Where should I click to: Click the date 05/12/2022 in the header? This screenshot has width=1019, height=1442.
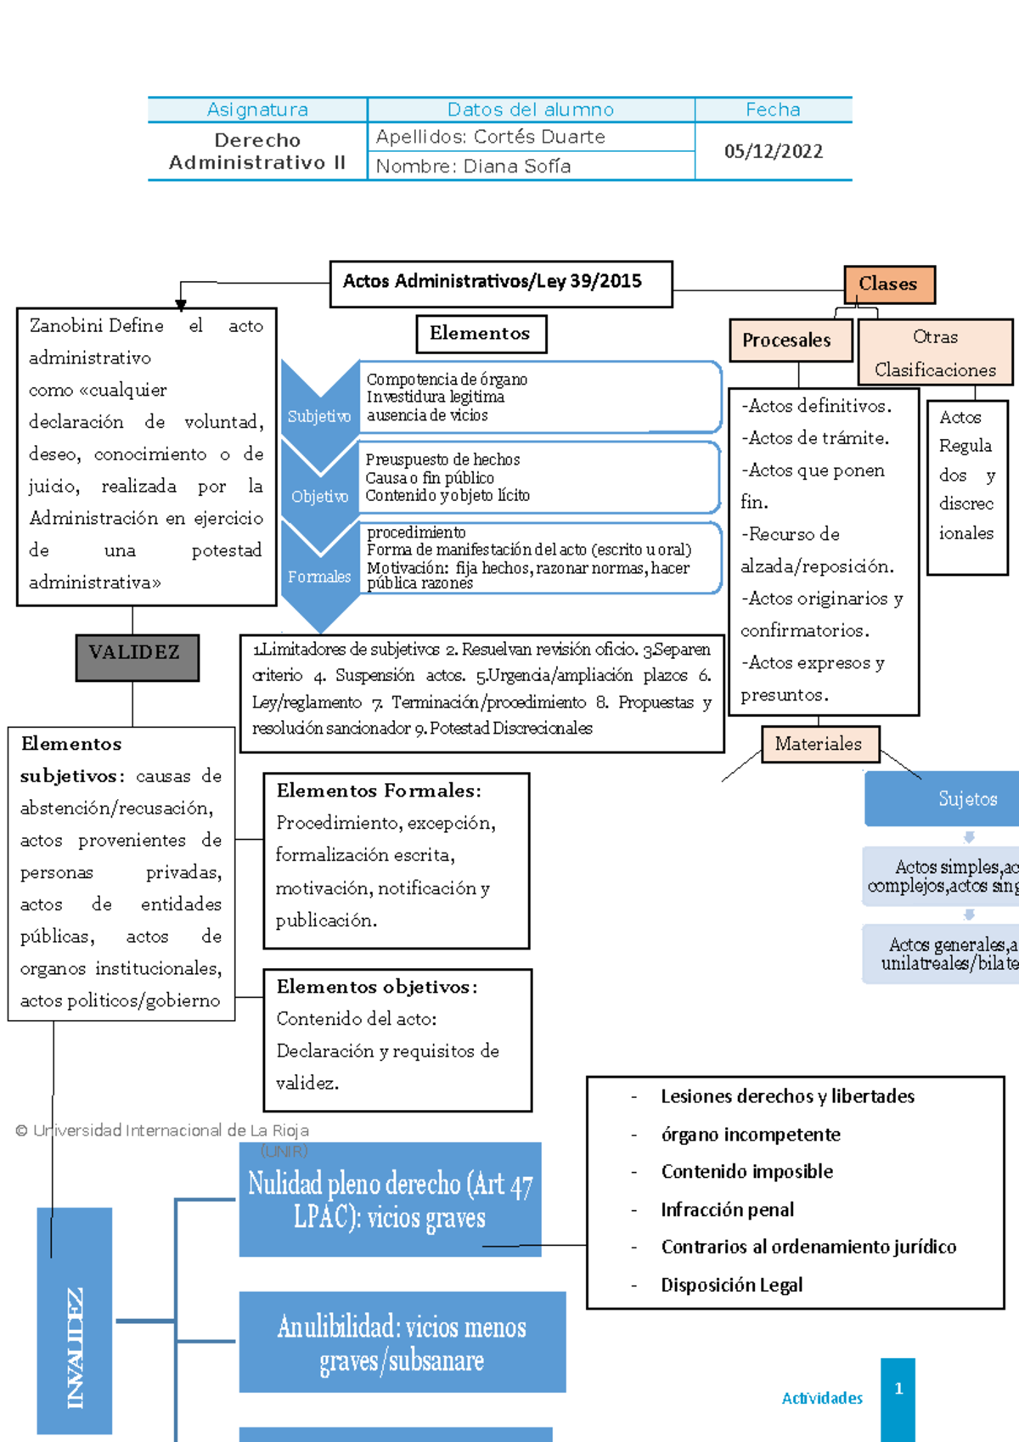(x=773, y=151)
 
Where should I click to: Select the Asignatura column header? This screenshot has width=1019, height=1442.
(x=257, y=110)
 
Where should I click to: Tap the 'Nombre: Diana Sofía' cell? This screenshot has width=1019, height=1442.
(x=473, y=166)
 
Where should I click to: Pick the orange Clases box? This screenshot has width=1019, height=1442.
(x=889, y=284)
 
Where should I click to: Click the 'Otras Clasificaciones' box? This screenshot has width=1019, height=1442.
(x=935, y=352)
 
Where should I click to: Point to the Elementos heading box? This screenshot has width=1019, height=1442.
(x=481, y=334)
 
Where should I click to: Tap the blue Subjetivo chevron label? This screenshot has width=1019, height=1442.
(x=319, y=416)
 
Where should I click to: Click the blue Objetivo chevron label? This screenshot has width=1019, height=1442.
(x=319, y=496)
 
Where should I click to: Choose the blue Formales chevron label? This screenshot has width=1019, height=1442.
(x=319, y=577)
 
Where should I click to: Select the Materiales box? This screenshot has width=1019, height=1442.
(x=819, y=744)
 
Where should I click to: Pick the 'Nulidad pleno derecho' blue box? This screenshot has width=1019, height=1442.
(x=390, y=1199)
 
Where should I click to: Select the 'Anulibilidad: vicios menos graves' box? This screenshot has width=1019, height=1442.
(x=402, y=1342)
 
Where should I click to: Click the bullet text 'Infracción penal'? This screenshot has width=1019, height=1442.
(x=728, y=1209)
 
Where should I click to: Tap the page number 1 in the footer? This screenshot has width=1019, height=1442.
(x=898, y=1389)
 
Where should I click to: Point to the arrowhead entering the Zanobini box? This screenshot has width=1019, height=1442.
(x=181, y=304)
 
